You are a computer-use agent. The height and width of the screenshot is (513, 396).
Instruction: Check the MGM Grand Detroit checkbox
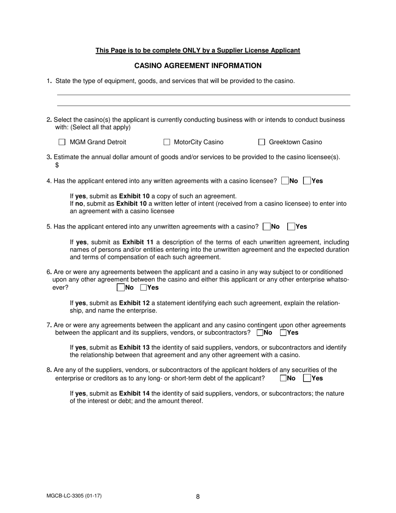pyautogui.click(x=62, y=142)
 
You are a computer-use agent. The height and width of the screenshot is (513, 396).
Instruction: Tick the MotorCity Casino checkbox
pyautogui.click(x=167, y=142)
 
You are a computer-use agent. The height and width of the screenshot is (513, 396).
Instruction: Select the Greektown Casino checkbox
pyautogui.click(x=262, y=142)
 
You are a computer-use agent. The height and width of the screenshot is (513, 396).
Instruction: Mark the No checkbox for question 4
pyautogui.click(x=285, y=181)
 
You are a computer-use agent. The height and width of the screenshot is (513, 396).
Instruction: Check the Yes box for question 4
pyautogui.click(x=307, y=181)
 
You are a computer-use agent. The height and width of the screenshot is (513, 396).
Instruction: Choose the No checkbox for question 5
pyautogui.click(x=266, y=227)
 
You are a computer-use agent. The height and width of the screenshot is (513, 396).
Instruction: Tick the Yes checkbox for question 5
pyautogui.click(x=291, y=227)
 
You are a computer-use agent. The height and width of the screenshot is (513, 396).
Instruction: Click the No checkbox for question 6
pyautogui.click(x=121, y=287)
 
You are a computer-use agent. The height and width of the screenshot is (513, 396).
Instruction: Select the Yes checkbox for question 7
pyautogui.click(x=283, y=333)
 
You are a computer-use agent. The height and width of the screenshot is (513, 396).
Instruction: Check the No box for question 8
pyautogui.click(x=283, y=378)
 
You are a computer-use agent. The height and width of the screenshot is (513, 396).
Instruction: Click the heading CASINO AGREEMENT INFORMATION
pyautogui.click(x=198, y=65)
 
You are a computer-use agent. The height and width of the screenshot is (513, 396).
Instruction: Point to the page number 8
pyautogui.click(x=198, y=496)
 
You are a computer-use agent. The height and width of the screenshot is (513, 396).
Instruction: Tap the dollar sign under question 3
pyautogui.click(x=57, y=165)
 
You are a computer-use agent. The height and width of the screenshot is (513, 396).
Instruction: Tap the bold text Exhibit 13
pyautogui.click(x=134, y=347)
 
